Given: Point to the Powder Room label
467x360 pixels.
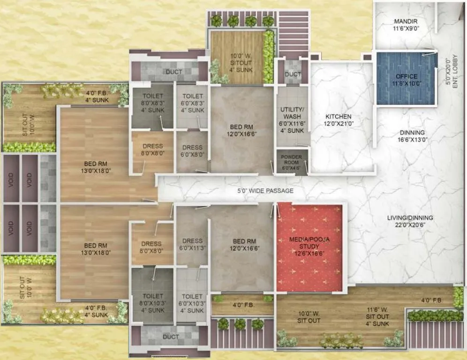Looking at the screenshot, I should click(292, 159).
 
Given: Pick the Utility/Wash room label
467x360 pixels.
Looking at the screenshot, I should click(293, 120).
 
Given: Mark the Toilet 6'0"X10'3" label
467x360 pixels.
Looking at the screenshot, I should click(192, 303).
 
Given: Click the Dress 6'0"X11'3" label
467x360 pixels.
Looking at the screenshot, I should click(192, 244).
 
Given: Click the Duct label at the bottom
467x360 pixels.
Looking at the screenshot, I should click(171, 337).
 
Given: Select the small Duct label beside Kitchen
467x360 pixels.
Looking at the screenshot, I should click(293, 75).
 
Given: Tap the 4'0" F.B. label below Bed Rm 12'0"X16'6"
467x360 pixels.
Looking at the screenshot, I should click(242, 305).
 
